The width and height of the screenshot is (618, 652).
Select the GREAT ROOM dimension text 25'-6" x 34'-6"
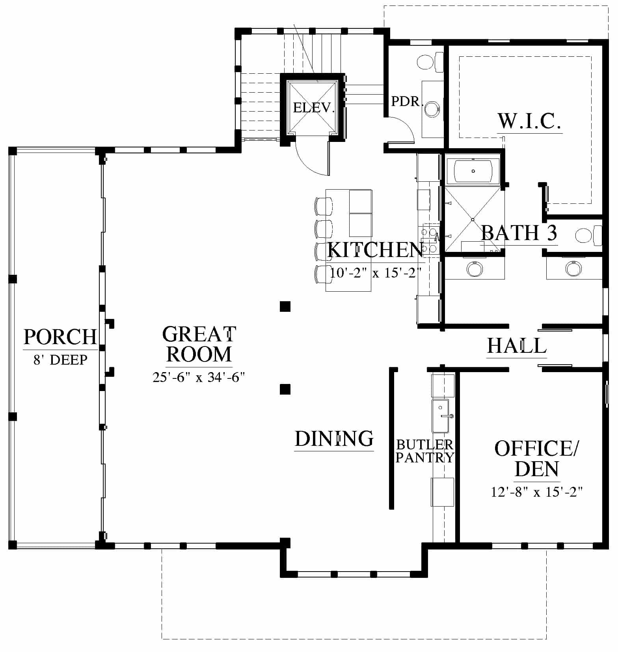pos(199,377)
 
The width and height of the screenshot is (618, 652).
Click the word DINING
pos(334,438)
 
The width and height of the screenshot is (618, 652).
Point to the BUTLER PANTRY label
pos(425,451)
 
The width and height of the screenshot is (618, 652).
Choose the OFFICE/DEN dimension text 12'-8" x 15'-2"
pos(537,492)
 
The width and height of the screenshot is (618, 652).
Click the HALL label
pos(517,346)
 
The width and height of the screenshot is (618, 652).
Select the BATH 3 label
pos(519,233)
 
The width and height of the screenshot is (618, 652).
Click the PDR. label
pos(407,101)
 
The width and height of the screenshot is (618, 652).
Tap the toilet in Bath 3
pos(588,236)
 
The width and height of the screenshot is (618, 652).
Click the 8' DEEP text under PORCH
pos(60,360)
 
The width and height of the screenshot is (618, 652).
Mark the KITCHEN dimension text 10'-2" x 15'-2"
pos(375,272)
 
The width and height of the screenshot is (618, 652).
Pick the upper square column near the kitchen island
pos(285,306)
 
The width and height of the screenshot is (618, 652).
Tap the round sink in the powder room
pos(432,108)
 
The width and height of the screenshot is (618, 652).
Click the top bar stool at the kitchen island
pos(324,206)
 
